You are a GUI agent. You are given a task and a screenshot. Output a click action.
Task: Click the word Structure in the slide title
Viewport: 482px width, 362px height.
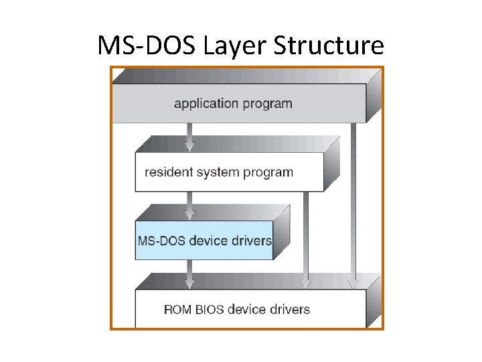coord(331,46)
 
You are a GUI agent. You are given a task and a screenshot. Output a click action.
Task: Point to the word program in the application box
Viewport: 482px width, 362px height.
coord(267,104)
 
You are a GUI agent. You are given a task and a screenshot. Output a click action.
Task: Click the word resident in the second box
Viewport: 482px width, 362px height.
coord(169,172)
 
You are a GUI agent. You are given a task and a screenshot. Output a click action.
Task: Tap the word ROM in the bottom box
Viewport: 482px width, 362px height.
coord(177,309)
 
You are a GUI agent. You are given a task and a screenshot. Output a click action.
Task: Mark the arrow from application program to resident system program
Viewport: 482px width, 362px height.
coord(189,137)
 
